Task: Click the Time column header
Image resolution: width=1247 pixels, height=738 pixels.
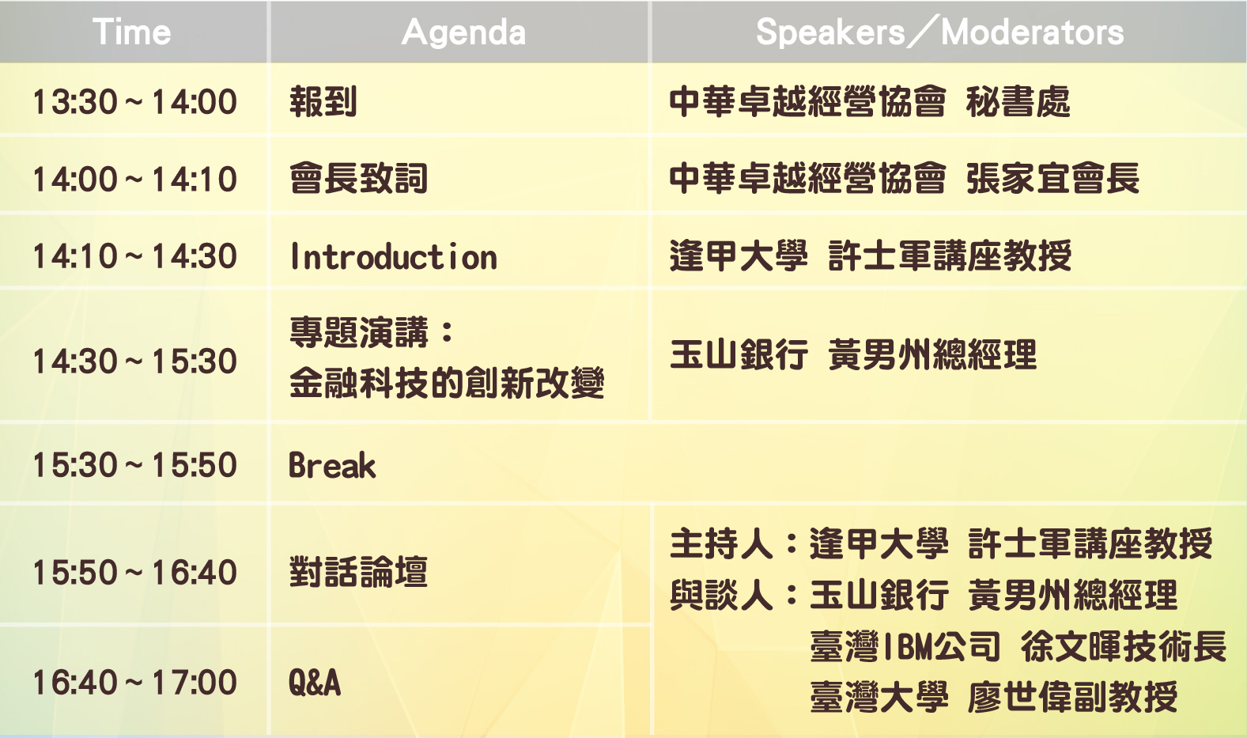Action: coord(132,32)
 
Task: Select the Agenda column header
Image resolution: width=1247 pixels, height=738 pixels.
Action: coord(463,32)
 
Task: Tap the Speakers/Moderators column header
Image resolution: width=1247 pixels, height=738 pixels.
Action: coord(939,32)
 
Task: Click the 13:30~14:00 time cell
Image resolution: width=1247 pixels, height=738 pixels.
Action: coord(134,102)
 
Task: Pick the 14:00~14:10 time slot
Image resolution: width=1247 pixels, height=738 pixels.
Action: coord(134,180)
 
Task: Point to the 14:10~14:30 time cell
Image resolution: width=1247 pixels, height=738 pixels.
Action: coord(134,256)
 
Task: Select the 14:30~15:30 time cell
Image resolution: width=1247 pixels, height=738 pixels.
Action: coord(134,361)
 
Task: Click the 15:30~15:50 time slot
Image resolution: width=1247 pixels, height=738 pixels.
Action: coord(134,464)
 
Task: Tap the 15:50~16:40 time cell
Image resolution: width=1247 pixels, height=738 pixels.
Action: coord(134,572)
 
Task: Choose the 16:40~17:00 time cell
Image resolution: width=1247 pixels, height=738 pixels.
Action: coord(134,683)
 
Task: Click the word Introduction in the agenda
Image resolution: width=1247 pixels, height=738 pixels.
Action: coord(393,257)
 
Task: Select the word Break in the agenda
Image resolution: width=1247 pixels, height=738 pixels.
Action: coord(332,465)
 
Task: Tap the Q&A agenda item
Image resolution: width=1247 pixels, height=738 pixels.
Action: coord(315,683)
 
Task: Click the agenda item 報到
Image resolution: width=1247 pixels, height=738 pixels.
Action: coord(323,102)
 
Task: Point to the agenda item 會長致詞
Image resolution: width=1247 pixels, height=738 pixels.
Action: coord(358,179)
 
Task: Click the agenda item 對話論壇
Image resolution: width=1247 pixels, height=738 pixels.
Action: coord(358,572)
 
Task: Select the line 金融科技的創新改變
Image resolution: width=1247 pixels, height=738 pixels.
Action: coord(447,383)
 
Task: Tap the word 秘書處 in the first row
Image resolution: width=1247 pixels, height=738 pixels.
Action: coord(1018,102)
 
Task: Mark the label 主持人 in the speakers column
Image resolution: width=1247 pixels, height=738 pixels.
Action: coord(721,543)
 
